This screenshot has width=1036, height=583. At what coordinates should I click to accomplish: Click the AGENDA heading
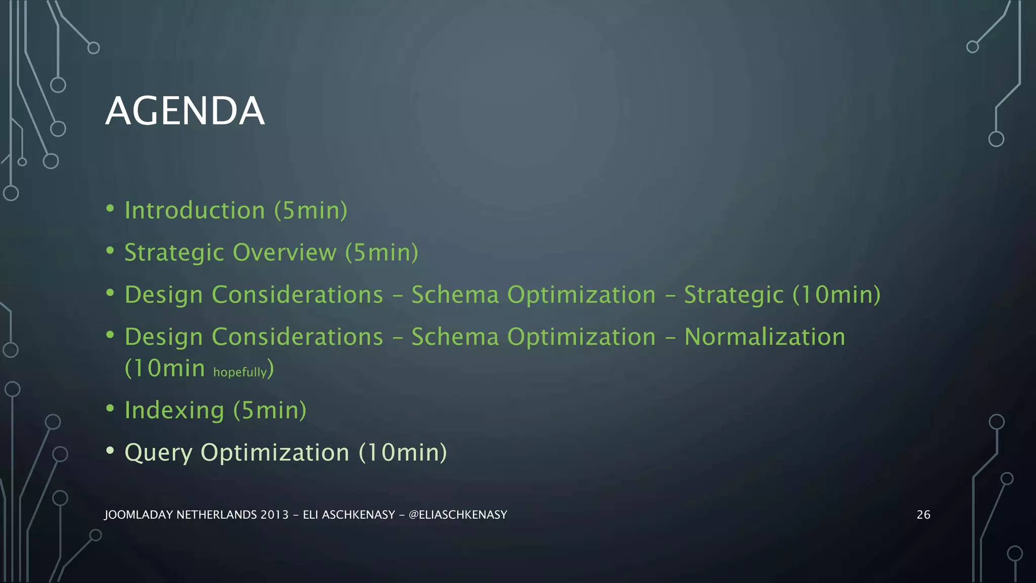tap(185, 111)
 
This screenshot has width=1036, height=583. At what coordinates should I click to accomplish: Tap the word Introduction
tap(195, 210)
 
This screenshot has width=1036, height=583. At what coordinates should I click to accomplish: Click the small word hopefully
tap(240, 372)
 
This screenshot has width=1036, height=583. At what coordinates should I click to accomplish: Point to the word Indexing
tap(174, 410)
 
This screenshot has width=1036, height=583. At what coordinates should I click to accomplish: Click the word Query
tap(158, 452)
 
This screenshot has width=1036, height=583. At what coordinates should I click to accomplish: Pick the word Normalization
tap(764, 337)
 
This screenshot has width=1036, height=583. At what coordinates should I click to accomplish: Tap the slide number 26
tap(923, 515)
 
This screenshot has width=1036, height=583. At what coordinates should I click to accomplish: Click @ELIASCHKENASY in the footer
tap(457, 515)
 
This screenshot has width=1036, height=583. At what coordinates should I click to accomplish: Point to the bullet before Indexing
tap(110, 408)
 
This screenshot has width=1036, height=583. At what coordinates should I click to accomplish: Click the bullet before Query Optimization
tap(110, 450)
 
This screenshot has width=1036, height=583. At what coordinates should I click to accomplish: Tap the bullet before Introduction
tap(110, 208)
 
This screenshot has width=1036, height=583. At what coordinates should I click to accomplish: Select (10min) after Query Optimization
tap(403, 452)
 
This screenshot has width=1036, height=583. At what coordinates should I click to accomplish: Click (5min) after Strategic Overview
tap(381, 252)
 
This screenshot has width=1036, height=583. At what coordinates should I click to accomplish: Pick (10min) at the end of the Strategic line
tap(836, 295)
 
